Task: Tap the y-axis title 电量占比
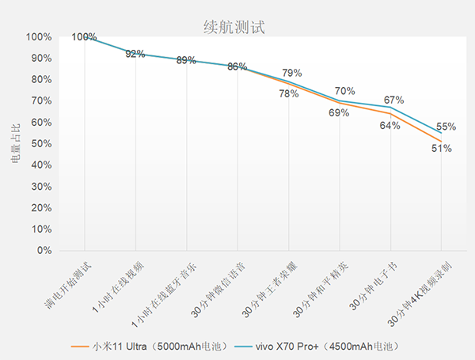pyautogui.click(x=16, y=144)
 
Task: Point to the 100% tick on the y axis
pyautogui.click(x=39, y=37)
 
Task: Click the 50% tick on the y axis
pyautogui.click(x=41, y=144)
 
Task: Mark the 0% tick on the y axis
pyautogui.click(x=44, y=251)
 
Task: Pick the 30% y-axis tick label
pyautogui.click(x=41, y=187)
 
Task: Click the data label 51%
pyautogui.click(x=442, y=148)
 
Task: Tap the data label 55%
pyautogui.click(x=446, y=127)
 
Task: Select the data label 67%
pyautogui.click(x=394, y=100)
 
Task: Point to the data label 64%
pyautogui.click(x=389, y=126)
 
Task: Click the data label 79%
pyautogui.click(x=293, y=74)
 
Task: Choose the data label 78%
pyautogui.click(x=288, y=93)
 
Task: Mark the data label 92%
pyautogui.click(x=135, y=54)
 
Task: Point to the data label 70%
pyautogui.click(x=345, y=92)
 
